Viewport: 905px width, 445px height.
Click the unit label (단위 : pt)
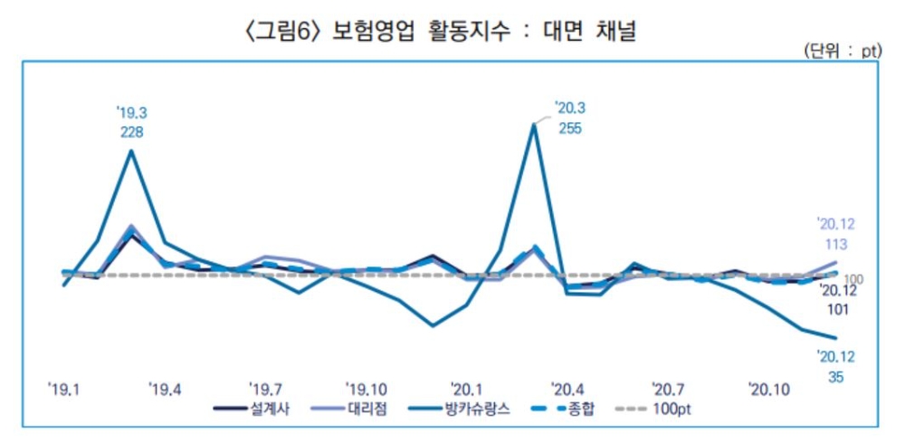click(841, 53)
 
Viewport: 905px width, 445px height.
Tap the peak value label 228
click(131, 131)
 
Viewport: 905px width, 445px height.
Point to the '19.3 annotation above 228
click(131, 112)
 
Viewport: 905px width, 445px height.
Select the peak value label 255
click(569, 128)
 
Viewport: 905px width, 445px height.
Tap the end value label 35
click(835, 377)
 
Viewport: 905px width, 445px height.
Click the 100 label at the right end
click(853, 278)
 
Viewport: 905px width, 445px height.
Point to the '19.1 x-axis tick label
click(64, 389)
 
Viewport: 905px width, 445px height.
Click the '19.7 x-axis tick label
click(265, 389)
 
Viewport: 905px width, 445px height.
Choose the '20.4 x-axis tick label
click(567, 389)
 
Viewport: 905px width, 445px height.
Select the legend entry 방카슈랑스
click(478, 409)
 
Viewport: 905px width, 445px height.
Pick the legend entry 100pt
click(675, 409)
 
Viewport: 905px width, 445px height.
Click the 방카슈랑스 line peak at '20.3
click(535, 124)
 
